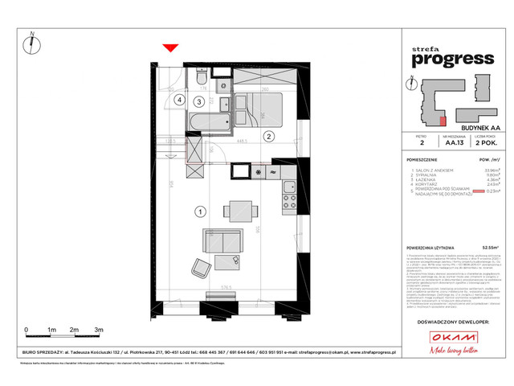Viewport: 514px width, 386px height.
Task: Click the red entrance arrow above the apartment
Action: (x=169, y=50)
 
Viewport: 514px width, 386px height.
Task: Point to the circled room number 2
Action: (x=270, y=136)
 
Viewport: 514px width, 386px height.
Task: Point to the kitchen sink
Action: (x=274, y=172)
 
